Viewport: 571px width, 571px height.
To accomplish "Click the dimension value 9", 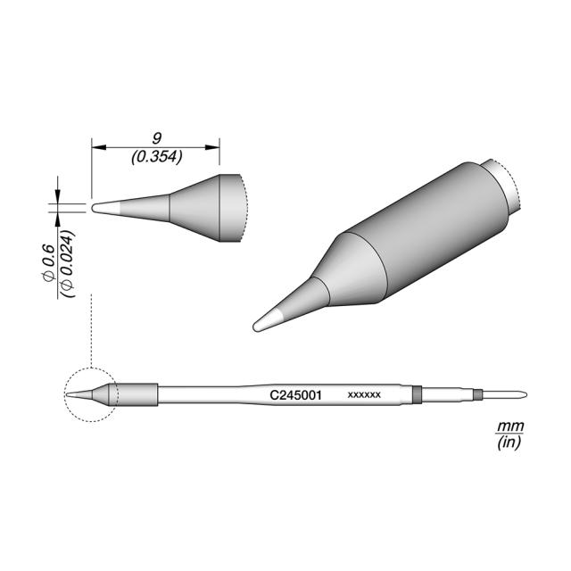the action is tap(157, 138).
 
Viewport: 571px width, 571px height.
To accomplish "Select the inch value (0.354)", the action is tap(157, 157).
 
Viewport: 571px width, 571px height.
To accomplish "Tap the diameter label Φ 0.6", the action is tap(48, 263).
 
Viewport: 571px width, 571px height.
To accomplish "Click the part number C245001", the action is tap(295, 395).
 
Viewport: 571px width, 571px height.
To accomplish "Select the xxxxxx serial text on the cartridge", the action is tap(364, 394).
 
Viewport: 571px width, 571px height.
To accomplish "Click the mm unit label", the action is tap(510, 426).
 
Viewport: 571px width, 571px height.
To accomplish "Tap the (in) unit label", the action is tap(509, 443).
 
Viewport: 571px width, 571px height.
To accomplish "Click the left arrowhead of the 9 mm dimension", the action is tap(98, 147).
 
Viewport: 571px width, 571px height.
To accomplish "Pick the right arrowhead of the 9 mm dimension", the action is tap(212, 147).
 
